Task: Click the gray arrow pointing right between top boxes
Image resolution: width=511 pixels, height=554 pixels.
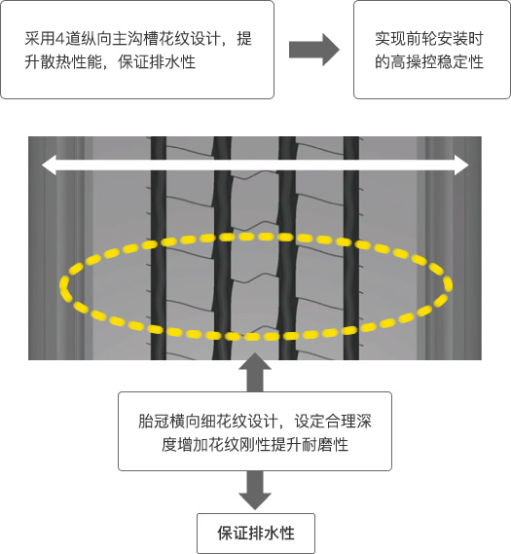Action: click(x=314, y=50)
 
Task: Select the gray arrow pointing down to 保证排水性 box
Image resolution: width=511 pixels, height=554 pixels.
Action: click(x=255, y=491)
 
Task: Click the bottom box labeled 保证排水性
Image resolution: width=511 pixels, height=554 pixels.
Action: click(x=256, y=534)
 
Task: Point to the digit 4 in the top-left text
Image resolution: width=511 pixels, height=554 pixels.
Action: click(x=59, y=39)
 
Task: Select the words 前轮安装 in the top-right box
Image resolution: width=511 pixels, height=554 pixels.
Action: click(x=436, y=39)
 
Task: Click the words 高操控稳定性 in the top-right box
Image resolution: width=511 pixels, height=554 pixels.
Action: click(x=437, y=62)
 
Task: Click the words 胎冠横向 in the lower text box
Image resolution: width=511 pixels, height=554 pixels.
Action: click(x=168, y=422)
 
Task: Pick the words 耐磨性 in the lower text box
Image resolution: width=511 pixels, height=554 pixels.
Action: click(x=325, y=445)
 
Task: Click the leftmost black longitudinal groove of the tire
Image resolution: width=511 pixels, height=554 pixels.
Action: click(x=159, y=248)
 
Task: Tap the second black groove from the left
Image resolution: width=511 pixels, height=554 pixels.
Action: click(x=222, y=248)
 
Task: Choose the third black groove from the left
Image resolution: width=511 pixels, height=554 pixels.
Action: click(x=287, y=248)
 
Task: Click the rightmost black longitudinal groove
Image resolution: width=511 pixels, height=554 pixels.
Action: click(x=351, y=248)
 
